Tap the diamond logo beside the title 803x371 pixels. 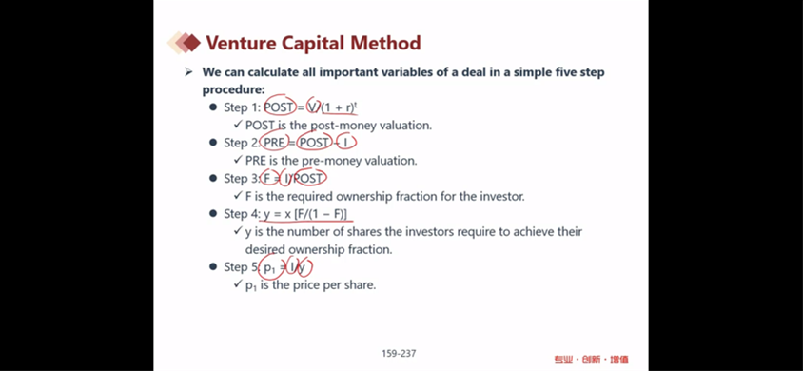click(x=184, y=43)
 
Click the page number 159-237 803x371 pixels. click(x=399, y=353)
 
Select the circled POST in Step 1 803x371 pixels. click(x=279, y=107)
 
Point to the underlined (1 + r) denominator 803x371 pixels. click(x=338, y=108)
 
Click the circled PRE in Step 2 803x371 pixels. click(x=274, y=143)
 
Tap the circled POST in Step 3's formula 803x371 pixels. click(x=308, y=178)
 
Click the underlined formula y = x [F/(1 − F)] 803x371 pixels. click(x=305, y=214)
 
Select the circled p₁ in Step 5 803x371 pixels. click(x=270, y=267)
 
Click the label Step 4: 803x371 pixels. click(x=243, y=214)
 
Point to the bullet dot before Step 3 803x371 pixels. click(x=212, y=179)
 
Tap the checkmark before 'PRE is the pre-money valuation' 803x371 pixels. click(x=237, y=160)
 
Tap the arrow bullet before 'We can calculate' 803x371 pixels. click(x=188, y=72)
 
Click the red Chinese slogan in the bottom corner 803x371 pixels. click(x=591, y=360)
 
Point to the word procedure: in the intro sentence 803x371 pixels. click(x=233, y=89)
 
